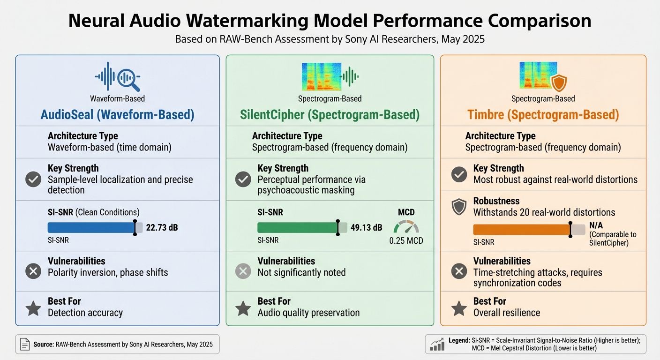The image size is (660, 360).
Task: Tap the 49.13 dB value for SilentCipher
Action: [x=367, y=228]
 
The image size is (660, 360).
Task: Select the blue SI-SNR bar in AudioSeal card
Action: [x=91, y=228]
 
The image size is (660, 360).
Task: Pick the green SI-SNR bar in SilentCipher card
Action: [x=298, y=228]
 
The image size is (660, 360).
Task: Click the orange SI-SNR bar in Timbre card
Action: [x=522, y=229]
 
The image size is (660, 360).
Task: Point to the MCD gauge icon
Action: [x=406, y=227]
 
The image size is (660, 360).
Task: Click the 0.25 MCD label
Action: [x=406, y=241]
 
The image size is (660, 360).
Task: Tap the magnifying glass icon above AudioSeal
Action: [x=129, y=79]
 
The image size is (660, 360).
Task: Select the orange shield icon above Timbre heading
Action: [x=558, y=83]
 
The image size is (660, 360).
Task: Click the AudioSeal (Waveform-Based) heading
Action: [x=117, y=115]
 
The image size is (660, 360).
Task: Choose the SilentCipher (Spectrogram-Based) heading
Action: [x=330, y=115]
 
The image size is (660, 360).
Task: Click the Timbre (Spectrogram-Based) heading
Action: [x=543, y=115]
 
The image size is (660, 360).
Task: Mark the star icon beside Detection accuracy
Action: [x=33, y=308]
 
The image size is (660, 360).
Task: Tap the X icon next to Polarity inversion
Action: [x=33, y=271]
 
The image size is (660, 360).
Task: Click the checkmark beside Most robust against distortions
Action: [x=459, y=174]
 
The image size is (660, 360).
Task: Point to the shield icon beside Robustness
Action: [x=459, y=207]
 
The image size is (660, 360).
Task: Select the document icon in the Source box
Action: [x=25, y=345]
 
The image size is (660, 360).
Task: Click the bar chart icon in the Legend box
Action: [x=437, y=345]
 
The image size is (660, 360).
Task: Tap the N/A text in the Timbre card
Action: [x=595, y=225]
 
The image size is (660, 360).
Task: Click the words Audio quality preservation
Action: [x=308, y=313]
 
